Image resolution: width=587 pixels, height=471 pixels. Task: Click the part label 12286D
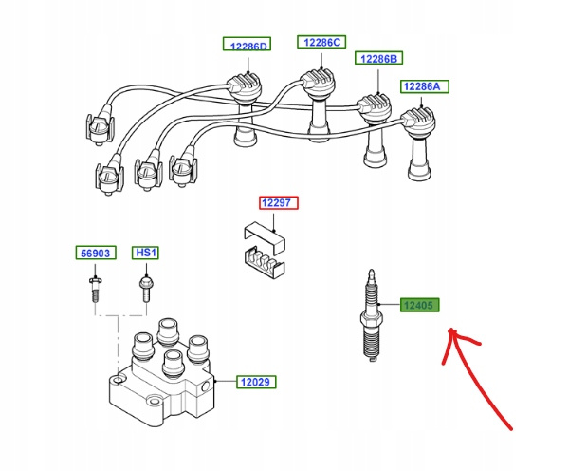pyautogui.click(x=247, y=45)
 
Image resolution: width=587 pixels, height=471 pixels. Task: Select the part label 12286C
pyautogui.click(x=322, y=42)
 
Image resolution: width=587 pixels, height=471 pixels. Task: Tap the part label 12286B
pyautogui.click(x=378, y=59)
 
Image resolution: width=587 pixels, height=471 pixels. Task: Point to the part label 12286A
pyautogui.click(x=423, y=86)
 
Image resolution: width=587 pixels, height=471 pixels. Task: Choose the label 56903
pyautogui.click(x=95, y=253)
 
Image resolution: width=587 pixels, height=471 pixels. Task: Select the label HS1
pyautogui.click(x=145, y=253)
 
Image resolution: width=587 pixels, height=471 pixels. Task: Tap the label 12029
pyautogui.click(x=254, y=383)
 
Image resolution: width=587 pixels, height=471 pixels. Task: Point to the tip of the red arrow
pyautogui.click(x=452, y=331)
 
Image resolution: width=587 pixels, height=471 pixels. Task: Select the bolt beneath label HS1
pyautogui.click(x=145, y=287)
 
